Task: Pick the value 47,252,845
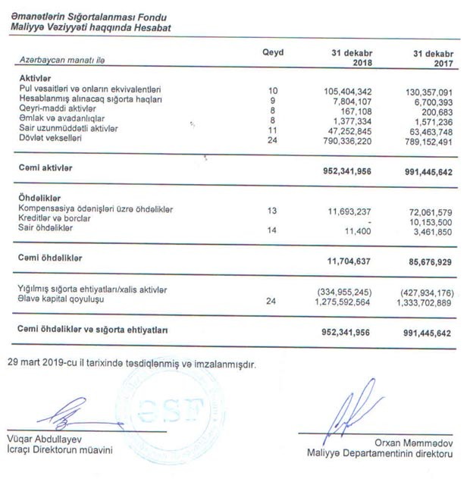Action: coord(346,129)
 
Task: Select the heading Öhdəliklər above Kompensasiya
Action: coord(39,199)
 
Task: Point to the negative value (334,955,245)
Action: coord(343,289)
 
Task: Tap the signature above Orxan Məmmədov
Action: coord(350,409)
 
